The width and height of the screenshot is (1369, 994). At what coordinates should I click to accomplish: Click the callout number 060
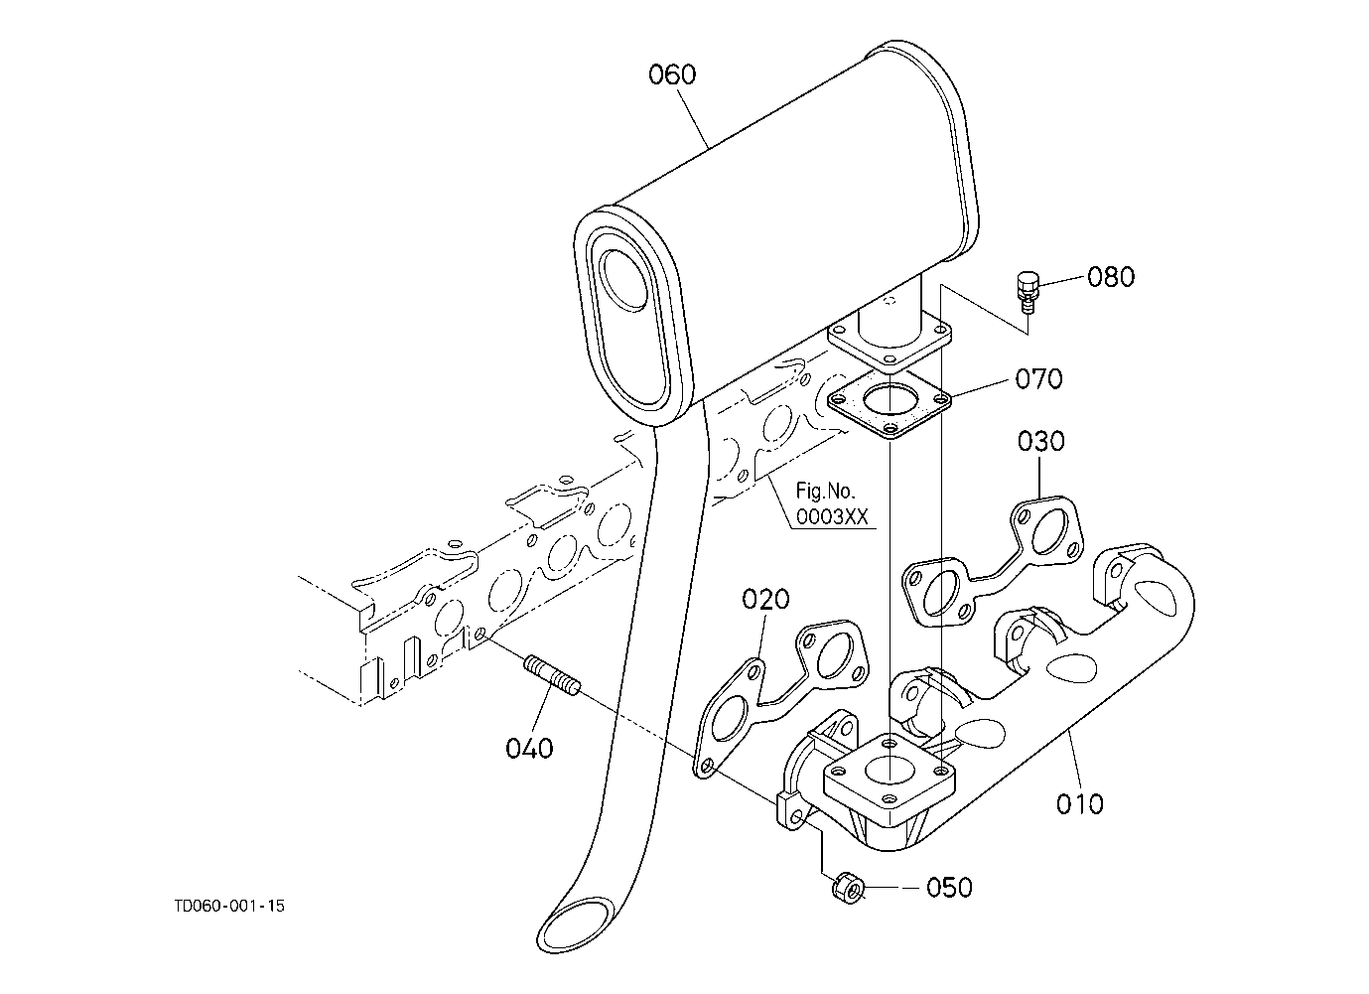click(672, 74)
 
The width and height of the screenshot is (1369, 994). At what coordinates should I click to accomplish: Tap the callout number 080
click(1111, 277)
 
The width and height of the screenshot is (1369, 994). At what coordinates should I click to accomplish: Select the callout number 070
click(1039, 379)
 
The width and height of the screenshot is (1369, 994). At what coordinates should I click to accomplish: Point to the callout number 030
click(1040, 441)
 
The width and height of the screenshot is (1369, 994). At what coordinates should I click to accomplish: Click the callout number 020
click(765, 599)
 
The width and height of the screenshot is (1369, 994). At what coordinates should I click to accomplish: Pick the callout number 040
click(529, 749)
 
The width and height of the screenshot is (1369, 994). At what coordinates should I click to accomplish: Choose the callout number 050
click(949, 888)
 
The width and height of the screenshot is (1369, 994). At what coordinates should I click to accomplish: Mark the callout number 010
click(1080, 804)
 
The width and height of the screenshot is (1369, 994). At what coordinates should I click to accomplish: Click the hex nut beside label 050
click(848, 887)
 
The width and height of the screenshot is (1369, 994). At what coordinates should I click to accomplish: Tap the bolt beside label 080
click(1027, 292)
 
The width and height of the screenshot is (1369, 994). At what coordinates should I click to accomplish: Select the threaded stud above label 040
click(553, 675)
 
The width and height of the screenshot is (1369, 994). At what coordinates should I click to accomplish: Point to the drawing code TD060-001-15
click(229, 906)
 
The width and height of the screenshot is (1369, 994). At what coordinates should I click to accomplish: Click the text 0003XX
click(831, 517)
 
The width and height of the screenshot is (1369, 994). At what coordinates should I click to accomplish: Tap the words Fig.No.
click(825, 491)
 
